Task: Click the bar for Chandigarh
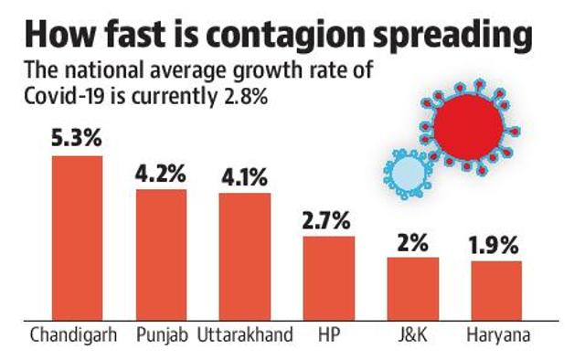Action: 77,238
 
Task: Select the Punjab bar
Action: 161,255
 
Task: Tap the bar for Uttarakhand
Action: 245,257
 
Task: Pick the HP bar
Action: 329,279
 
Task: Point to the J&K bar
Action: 413,289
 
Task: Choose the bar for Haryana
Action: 496,291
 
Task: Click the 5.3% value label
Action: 77,138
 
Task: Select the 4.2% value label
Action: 161,174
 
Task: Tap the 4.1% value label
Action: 244,177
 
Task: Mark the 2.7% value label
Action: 326,220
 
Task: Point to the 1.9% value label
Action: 494,246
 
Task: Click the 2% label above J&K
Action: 412,243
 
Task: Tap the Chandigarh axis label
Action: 73,335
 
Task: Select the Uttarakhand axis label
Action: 245,334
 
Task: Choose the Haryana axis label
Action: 498,335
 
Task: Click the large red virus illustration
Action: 469,127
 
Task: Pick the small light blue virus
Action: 409,174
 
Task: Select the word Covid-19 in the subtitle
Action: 65,97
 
